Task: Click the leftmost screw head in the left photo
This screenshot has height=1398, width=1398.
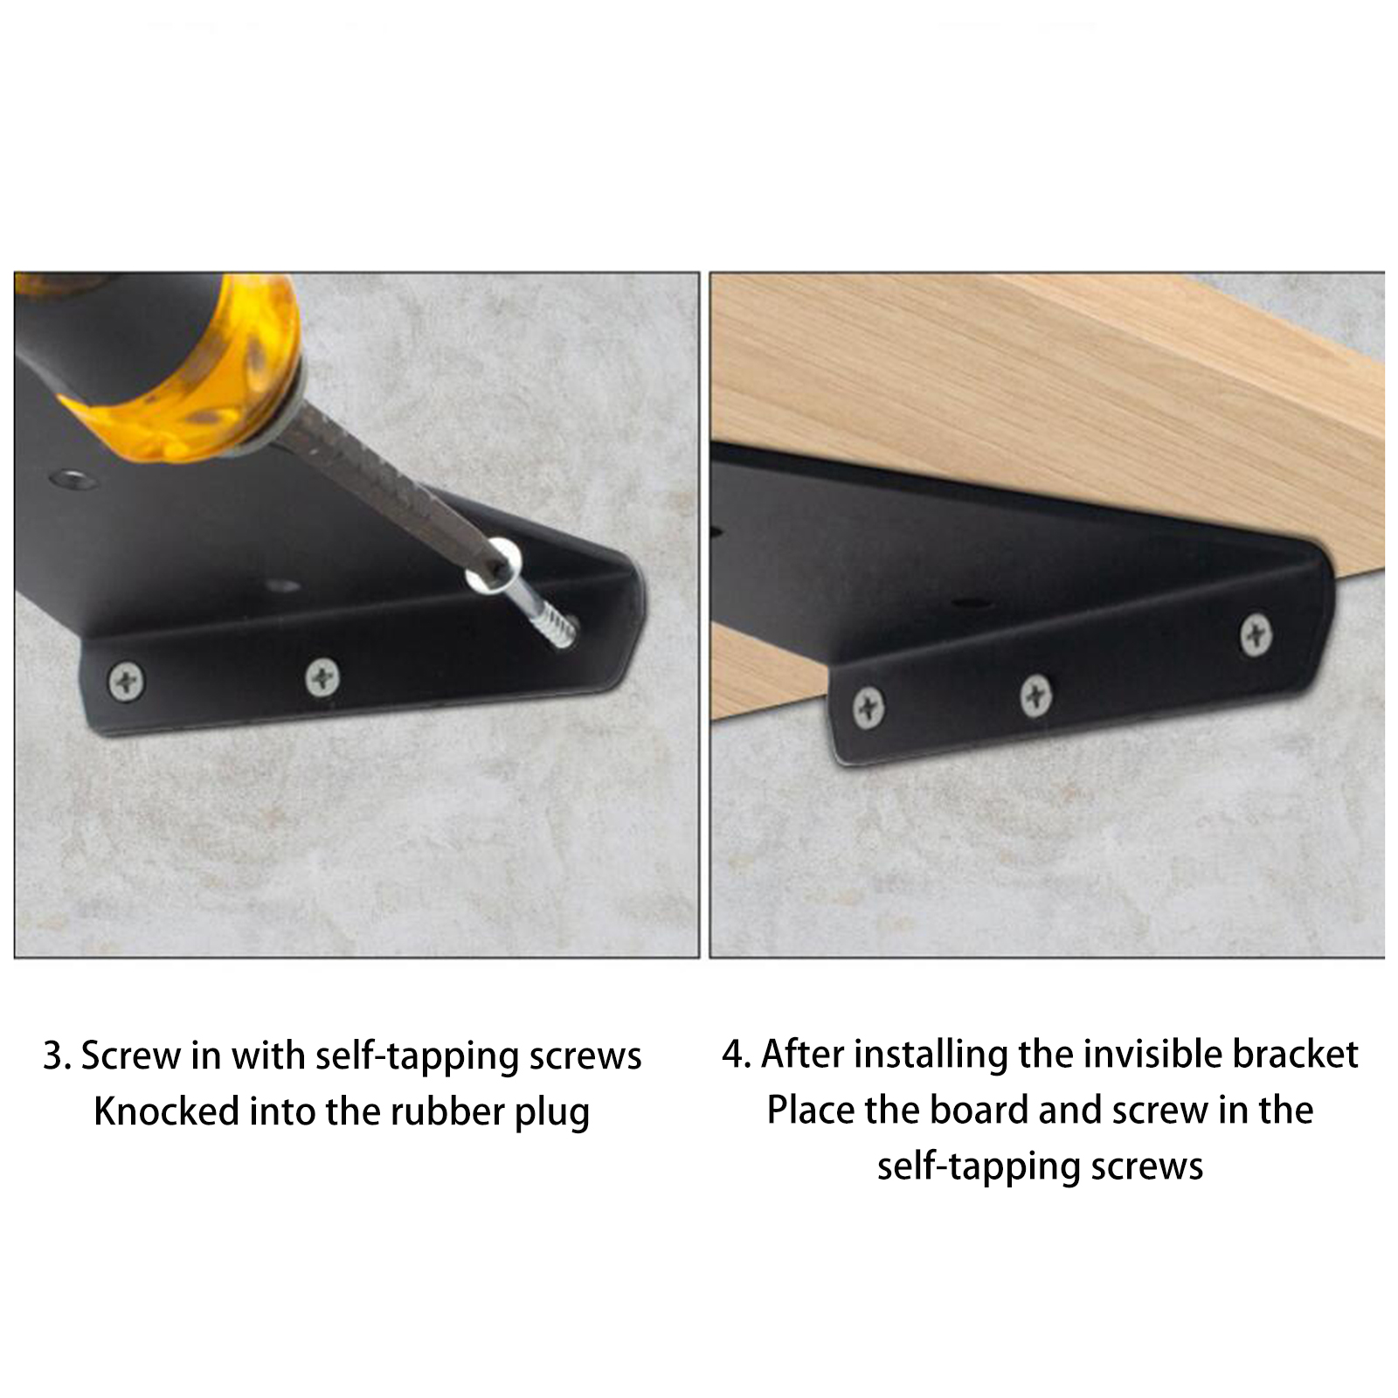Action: pos(127,681)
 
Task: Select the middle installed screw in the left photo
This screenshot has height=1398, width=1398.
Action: pos(322,677)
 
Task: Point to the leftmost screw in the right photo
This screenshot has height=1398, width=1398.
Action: pos(868,708)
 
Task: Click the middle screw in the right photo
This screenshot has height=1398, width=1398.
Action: pos(1035,696)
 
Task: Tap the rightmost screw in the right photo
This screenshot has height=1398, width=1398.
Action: pos(1256,633)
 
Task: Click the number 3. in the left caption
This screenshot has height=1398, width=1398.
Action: pos(57,1056)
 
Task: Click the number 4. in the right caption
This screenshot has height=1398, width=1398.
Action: pos(736,1055)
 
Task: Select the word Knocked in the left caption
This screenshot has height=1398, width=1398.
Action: pos(166,1111)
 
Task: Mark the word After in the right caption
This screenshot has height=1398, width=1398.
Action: pos(803,1054)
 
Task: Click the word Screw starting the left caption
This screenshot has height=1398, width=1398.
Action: pos(132,1056)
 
